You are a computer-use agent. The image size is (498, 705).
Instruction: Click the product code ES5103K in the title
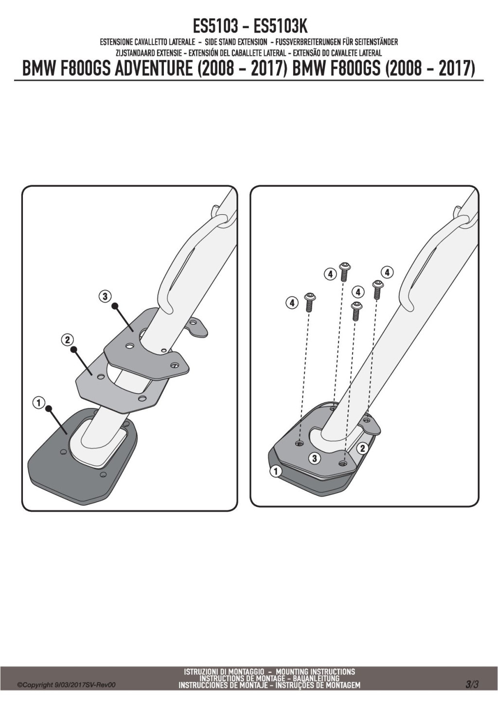click(x=280, y=27)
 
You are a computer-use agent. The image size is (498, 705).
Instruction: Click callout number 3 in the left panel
click(x=105, y=296)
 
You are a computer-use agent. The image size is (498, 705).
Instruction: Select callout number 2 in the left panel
click(x=67, y=340)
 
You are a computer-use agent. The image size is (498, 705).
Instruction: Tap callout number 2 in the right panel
click(x=362, y=448)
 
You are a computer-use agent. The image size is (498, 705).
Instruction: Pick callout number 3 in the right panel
click(x=314, y=459)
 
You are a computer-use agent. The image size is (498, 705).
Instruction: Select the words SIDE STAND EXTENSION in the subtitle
click(x=236, y=41)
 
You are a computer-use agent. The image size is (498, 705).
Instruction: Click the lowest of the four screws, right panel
click(x=356, y=311)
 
